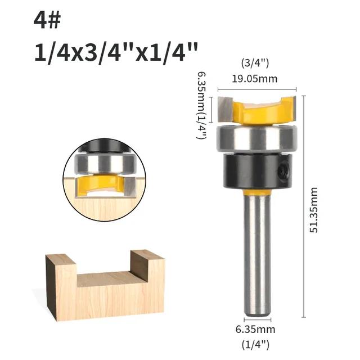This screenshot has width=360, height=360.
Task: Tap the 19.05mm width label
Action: coord(256,79)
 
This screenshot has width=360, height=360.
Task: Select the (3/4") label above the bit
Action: coord(256,63)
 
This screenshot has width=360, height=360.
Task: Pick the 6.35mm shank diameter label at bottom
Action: coord(256,329)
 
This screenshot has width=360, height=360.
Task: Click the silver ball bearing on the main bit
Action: coord(256,138)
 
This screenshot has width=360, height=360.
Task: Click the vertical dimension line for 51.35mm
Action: coord(304,208)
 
